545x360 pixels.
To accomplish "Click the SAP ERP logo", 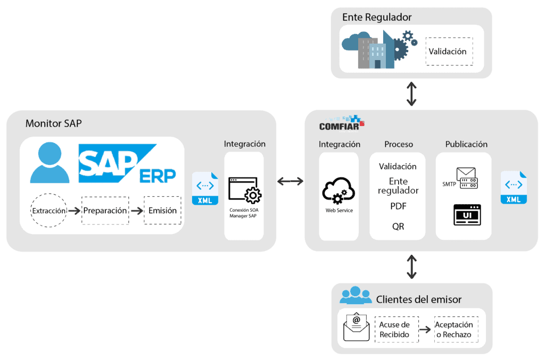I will (127, 163).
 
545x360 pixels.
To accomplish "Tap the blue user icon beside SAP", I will (49, 163).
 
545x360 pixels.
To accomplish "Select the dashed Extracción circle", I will (49, 211).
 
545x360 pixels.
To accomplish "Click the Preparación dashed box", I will (105, 211).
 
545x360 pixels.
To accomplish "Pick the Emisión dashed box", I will (162, 211).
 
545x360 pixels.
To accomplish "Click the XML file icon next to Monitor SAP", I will (205, 189).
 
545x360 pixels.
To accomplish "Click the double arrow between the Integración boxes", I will (291, 182).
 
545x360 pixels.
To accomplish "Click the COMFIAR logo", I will (341, 123).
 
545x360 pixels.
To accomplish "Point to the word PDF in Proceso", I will (398, 206).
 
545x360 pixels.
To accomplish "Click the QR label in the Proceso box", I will (398, 227).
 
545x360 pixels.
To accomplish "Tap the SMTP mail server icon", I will (467, 179).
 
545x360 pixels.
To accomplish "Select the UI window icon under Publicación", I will (467, 214).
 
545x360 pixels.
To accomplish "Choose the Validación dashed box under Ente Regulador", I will (449, 52).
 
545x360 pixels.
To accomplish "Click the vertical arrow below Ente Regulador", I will (411, 94).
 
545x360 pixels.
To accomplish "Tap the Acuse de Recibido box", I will (394, 330).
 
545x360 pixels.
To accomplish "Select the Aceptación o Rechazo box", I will (454, 330).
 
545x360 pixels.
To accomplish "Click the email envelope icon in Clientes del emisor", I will (357, 326).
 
